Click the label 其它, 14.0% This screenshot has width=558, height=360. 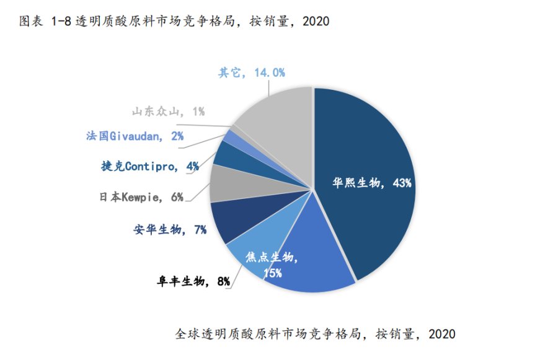coord(251,72)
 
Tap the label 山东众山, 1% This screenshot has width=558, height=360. coord(167,112)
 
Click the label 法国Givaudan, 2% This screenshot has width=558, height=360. coord(135,136)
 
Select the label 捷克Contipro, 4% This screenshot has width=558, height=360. coord(149,166)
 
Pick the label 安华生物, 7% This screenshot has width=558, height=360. coord(169,230)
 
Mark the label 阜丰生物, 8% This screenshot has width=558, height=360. coord(193,282)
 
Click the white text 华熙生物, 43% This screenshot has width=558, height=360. coord(372,183)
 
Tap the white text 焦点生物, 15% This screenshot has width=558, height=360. coord(272,264)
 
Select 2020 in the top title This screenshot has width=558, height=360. coord(315,21)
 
